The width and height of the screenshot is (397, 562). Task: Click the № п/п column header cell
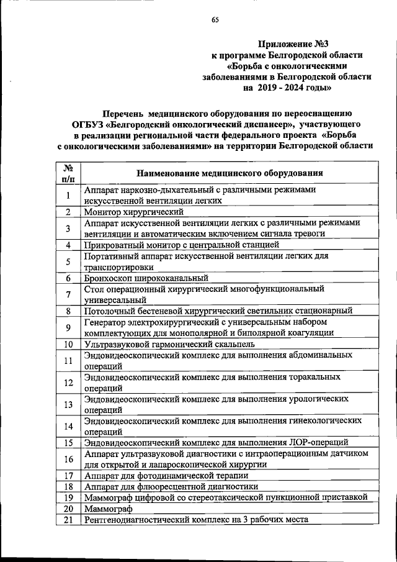tap(68, 173)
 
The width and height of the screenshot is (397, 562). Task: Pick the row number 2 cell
tap(68, 212)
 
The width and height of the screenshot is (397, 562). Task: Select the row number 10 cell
tap(68, 345)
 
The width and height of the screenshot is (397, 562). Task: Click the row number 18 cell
tap(68, 486)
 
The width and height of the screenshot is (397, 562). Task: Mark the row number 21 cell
tap(68, 519)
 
